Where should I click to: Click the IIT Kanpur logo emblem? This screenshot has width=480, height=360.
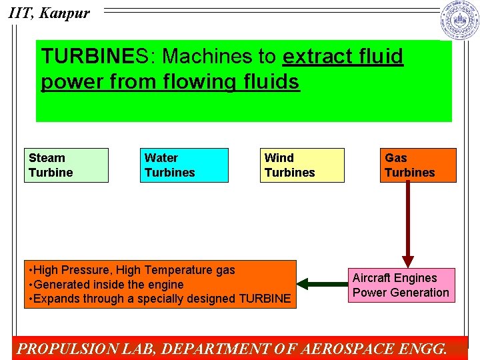459,20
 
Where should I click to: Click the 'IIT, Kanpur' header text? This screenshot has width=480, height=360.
49,12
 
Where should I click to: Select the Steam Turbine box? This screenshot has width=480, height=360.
66,165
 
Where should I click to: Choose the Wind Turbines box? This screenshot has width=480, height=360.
302,165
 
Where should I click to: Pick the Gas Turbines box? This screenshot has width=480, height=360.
418,165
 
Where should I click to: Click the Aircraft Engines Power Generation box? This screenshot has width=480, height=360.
401,285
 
